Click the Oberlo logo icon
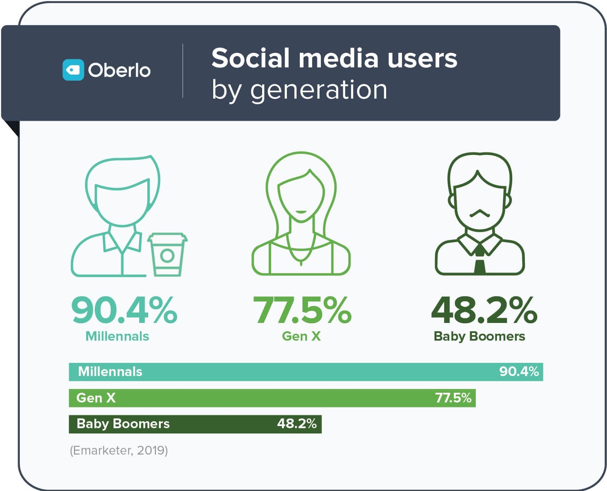pyautogui.click(x=73, y=70)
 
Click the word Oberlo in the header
pyautogui.click(x=119, y=70)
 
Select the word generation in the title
pyautogui.click(x=319, y=90)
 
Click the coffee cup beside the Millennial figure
pyautogui.click(x=167, y=254)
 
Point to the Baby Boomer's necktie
pyautogui.click(x=480, y=260)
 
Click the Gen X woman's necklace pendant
pyautogui.click(x=301, y=263)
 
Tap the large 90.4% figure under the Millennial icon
pyautogui.click(x=124, y=310)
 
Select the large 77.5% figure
pyautogui.click(x=302, y=310)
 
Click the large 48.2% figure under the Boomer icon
pyautogui.click(x=484, y=310)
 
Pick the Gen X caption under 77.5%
pyautogui.click(x=301, y=336)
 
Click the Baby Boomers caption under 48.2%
pyautogui.click(x=479, y=336)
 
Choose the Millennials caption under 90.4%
pyautogui.click(x=117, y=336)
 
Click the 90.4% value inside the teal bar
pyautogui.click(x=519, y=371)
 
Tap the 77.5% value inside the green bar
pyautogui.click(x=453, y=398)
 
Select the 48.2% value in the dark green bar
pyautogui.click(x=297, y=423)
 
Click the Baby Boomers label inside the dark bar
pyautogui.click(x=123, y=423)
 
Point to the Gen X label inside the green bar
pyautogui.click(x=96, y=398)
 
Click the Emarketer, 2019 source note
pyautogui.click(x=119, y=450)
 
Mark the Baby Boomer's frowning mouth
pyautogui.click(x=480, y=213)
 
